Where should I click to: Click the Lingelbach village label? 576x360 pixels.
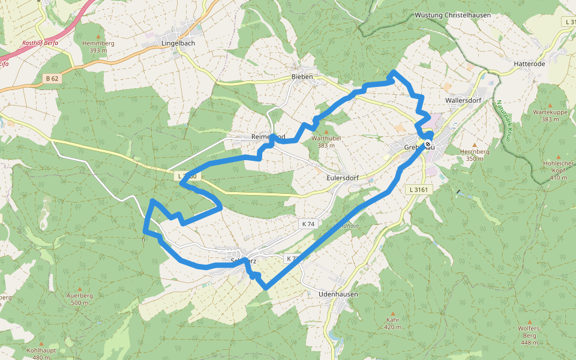point(178,44)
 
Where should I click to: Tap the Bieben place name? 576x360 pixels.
point(302,77)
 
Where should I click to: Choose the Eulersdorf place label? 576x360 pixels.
point(343,178)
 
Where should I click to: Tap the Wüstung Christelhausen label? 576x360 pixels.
point(452,15)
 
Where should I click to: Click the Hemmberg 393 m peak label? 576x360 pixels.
point(98,47)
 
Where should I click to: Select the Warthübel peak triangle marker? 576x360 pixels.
point(326,131)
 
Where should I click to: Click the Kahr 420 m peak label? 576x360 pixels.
point(392,323)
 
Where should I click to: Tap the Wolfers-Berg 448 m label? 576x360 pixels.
point(529,335)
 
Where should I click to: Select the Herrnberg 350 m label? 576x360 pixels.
point(475,155)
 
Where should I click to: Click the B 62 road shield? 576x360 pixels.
point(52,78)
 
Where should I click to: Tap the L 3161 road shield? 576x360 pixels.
point(418,190)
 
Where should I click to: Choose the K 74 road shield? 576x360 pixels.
point(308,224)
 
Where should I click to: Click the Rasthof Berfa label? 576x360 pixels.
point(40,43)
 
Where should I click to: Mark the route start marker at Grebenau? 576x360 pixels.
point(428,144)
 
